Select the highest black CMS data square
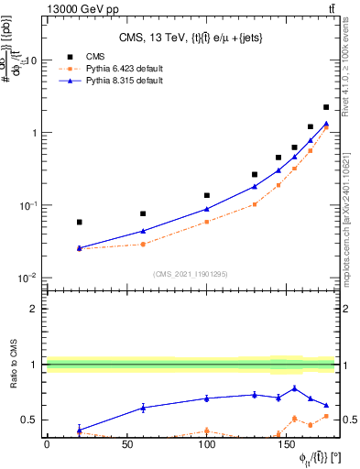[326, 107]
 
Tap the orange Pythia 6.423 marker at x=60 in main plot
[143, 244]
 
